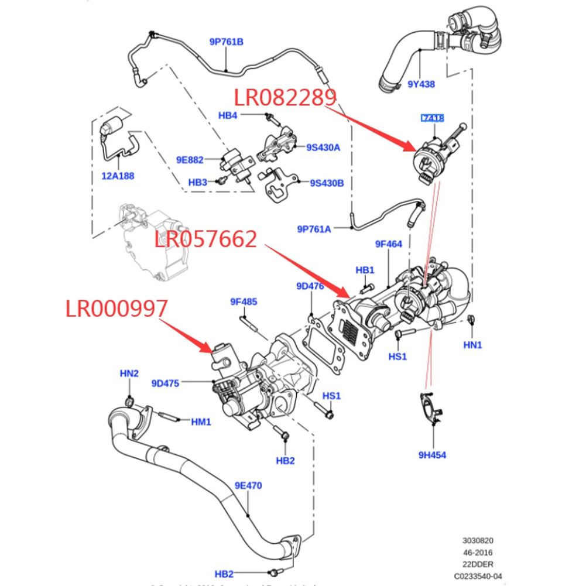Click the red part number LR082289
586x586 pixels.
[286, 97]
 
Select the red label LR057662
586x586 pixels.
[206, 239]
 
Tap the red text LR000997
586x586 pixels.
[116, 309]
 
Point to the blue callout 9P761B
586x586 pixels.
[227, 42]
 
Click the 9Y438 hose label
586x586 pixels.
[421, 84]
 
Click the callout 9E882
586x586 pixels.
[190, 159]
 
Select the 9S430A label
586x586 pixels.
[323, 148]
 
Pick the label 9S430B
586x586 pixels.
[327, 183]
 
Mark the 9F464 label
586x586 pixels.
[389, 244]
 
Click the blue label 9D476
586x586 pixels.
[310, 286]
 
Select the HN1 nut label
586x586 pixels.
[472, 345]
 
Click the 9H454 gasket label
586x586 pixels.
[433, 454]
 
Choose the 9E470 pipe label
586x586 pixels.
[248, 485]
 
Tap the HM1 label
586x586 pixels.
[201, 421]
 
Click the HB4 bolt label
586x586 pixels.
[228, 115]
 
